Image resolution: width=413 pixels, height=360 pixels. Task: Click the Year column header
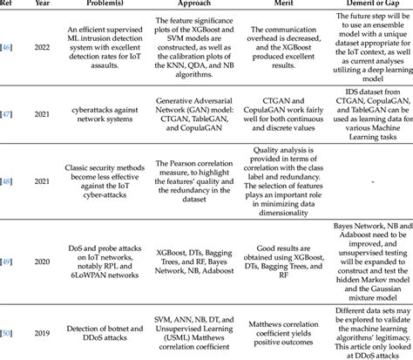tap(40, 3)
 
